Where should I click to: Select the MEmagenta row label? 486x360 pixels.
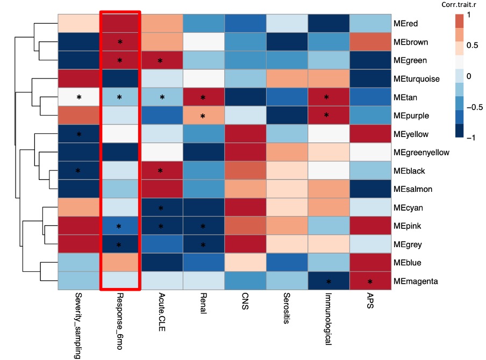click(x=416, y=281)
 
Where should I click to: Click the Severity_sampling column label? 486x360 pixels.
click(x=78, y=325)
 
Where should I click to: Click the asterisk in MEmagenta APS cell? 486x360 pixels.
click(x=369, y=282)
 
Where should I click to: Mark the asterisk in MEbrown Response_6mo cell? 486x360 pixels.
click(x=120, y=42)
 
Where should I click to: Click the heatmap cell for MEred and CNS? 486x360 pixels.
click(x=245, y=24)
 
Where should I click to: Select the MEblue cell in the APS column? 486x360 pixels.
click(x=369, y=263)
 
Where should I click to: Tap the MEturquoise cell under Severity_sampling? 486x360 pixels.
click(x=78, y=79)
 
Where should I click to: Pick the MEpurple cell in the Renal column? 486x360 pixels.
click(x=203, y=116)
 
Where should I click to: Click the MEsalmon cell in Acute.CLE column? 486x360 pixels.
click(x=161, y=189)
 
